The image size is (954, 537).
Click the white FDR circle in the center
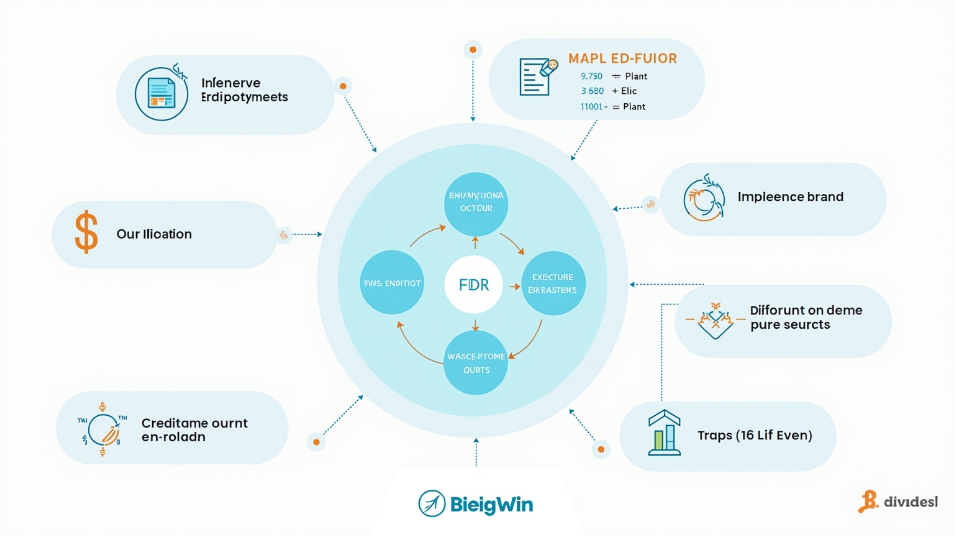point(473,285)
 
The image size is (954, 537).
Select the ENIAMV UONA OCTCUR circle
point(476,203)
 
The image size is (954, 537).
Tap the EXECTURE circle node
point(553,283)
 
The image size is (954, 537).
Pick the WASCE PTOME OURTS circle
point(476,363)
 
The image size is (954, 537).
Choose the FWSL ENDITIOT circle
point(392,283)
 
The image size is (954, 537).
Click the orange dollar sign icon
point(86,232)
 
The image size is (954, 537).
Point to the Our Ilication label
point(154,234)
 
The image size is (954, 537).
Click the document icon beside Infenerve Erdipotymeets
point(161,94)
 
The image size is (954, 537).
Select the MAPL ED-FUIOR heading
point(622,58)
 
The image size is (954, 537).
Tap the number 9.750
point(591,76)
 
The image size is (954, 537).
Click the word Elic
point(629,91)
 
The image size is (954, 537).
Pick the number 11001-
point(593,106)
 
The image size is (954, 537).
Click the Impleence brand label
point(790,197)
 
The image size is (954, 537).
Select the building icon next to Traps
point(664,433)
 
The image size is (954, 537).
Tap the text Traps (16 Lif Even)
point(755,435)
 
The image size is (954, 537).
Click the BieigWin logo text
point(491,504)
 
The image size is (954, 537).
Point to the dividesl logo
point(899,501)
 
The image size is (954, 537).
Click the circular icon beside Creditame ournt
point(102,429)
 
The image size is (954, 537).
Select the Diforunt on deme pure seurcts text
point(806,317)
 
